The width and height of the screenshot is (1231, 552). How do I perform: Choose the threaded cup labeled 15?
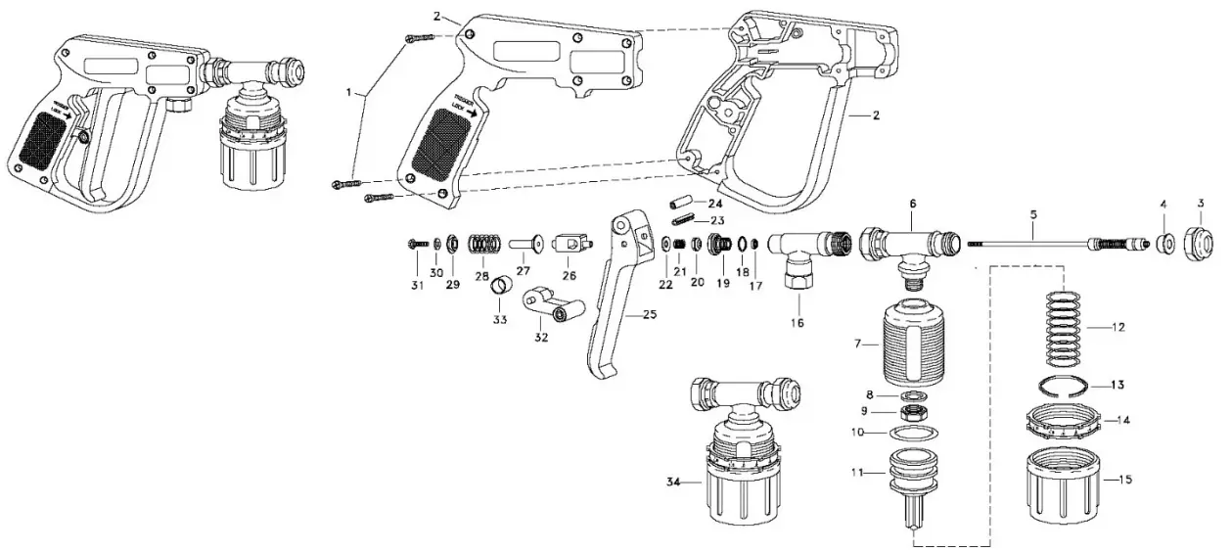pyautogui.click(x=1064, y=485)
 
